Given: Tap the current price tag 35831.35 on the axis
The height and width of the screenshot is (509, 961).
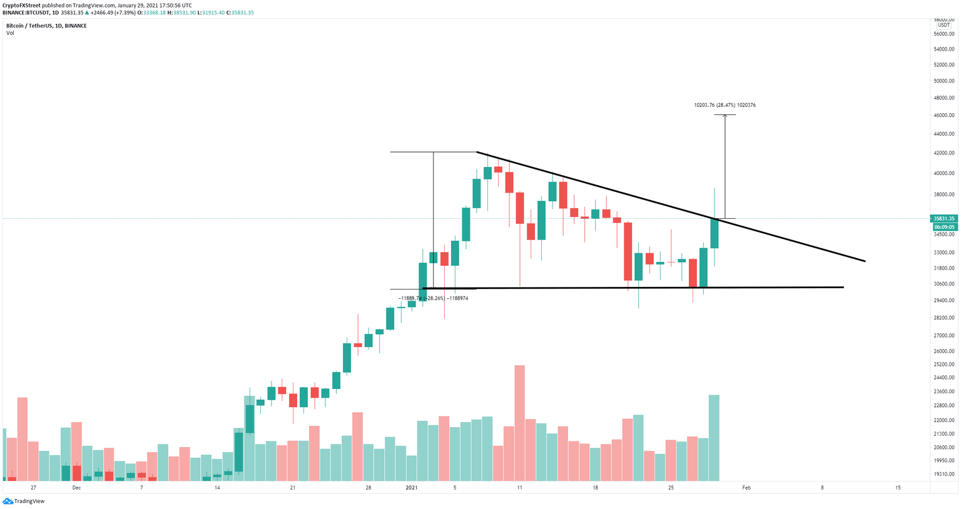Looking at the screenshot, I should (x=943, y=219).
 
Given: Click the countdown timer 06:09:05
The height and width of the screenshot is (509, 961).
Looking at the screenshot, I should (x=943, y=227).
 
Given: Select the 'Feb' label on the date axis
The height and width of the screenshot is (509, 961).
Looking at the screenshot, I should (x=746, y=488).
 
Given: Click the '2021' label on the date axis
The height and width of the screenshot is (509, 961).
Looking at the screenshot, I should (x=412, y=488).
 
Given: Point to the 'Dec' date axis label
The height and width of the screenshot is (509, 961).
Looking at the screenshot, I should (x=76, y=488).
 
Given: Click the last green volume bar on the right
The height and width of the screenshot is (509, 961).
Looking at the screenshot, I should (x=714, y=437).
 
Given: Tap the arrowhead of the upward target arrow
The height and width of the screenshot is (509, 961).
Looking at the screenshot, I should (x=725, y=116).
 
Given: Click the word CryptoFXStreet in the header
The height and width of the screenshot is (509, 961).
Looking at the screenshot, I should (x=22, y=5).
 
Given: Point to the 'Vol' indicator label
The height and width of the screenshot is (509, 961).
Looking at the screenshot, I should (x=10, y=33).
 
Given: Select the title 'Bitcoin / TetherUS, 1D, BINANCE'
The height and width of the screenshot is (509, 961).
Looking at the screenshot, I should (x=46, y=26).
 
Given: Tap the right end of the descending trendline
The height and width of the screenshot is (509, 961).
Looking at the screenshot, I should (x=865, y=261).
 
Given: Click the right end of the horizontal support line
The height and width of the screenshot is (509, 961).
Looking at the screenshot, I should (x=843, y=287).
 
